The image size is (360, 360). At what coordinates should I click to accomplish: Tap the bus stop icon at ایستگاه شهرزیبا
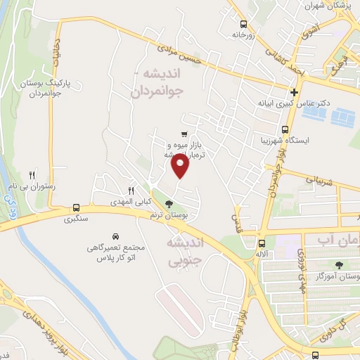285,129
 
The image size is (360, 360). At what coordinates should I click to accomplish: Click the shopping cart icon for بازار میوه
184,134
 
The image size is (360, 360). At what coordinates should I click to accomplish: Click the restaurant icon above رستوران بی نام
32,175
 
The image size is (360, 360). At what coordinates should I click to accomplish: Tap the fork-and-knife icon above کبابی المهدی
131,191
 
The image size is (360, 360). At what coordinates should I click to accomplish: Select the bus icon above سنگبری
76,207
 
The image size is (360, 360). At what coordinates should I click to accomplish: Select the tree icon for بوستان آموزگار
340,264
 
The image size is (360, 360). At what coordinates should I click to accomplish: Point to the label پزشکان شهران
326,6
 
